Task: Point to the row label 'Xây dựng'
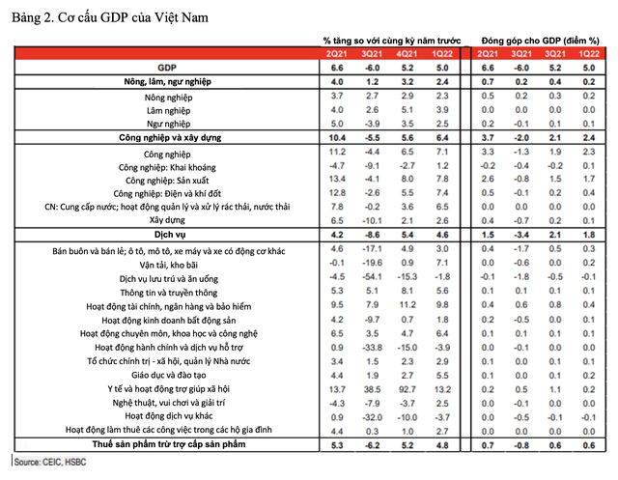(167, 220)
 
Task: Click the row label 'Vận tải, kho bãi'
(167, 262)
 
